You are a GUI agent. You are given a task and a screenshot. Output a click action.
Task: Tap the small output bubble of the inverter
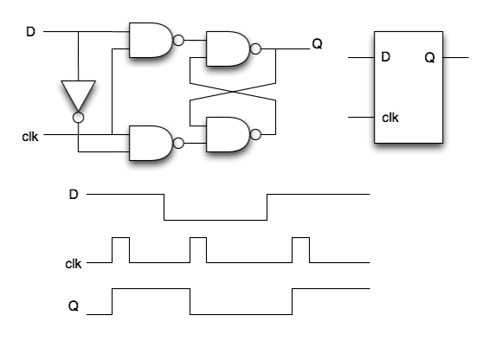(x=78, y=118)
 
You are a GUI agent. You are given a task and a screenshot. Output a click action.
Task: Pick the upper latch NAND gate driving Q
(x=228, y=49)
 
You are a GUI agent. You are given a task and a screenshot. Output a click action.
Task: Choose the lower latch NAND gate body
(x=228, y=134)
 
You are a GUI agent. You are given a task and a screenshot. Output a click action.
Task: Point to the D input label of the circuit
(x=30, y=32)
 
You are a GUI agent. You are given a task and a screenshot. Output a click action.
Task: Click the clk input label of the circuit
(x=30, y=137)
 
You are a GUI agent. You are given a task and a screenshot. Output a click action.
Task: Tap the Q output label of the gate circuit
(x=317, y=44)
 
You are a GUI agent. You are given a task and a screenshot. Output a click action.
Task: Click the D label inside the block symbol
(x=386, y=57)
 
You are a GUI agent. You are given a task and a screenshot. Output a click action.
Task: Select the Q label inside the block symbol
(x=429, y=58)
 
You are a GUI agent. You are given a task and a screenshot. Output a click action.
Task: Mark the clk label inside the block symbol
(x=390, y=118)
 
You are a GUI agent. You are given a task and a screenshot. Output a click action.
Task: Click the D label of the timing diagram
(x=74, y=194)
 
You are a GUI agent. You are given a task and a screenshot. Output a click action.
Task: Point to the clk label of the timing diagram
(x=74, y=264)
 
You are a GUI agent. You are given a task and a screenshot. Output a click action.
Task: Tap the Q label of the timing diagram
(x=74, y=306)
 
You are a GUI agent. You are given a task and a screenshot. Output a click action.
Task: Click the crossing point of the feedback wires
(x=233, y=92)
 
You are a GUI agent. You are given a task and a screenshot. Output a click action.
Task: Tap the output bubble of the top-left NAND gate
(x=178, y=41)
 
